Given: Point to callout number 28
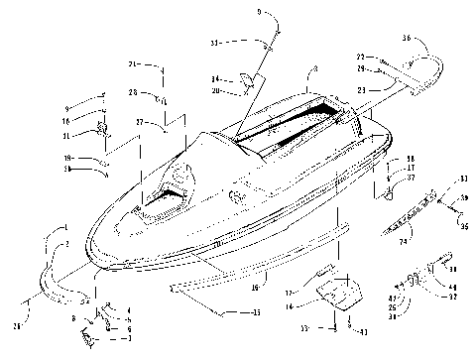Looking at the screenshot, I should coord(132,92).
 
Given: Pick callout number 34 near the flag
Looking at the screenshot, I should coord(215,78).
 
